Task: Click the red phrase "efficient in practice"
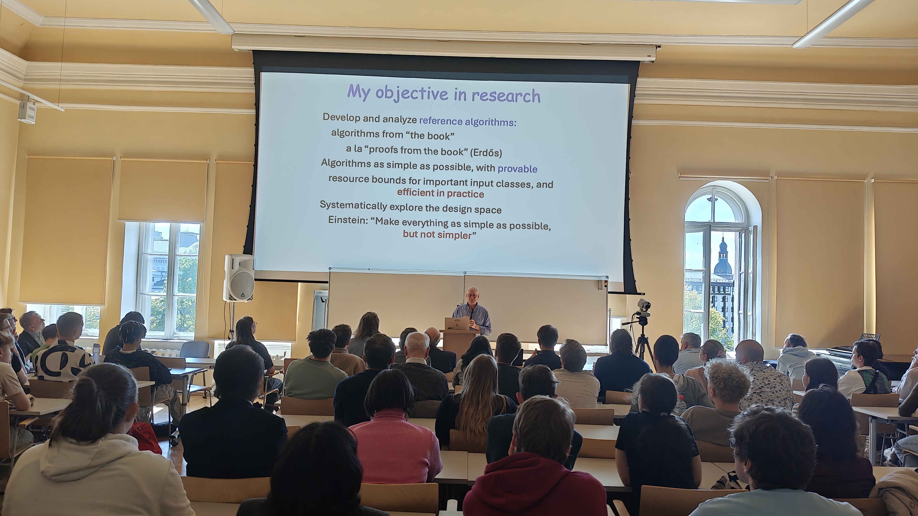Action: click(440, 193)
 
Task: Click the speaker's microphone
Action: click(472, 313)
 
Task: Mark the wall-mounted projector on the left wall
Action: click(27, 110)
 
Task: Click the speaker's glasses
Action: click(472, 295)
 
